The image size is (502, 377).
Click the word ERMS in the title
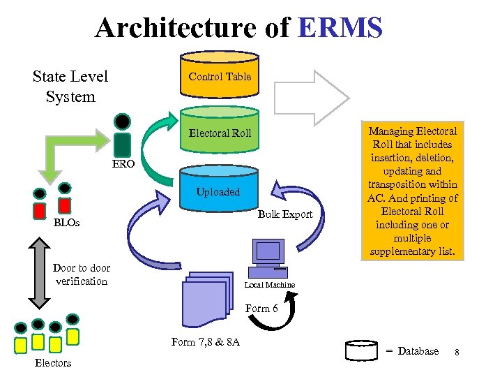[340, 28]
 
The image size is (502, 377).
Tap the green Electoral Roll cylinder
[220, 133]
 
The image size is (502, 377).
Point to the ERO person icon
[123, 135]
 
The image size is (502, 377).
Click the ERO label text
[125, 166]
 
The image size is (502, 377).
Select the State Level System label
[70, 86]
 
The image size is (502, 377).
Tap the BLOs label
[67, 223]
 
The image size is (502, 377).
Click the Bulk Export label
[285, 214]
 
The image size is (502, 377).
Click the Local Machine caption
[270, 285]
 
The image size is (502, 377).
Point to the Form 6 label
[262, 308]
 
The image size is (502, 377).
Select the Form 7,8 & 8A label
[205, 341]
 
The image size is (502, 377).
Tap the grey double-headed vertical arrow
[41, 272]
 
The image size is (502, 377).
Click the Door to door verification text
[81, 274]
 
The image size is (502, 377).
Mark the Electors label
[53, 363]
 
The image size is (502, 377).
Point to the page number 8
[457, 352]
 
